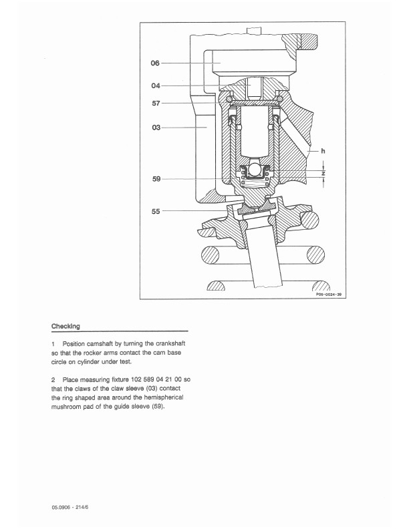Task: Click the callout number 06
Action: click(155, 63)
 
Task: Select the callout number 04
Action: click(156, 85)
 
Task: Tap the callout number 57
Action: click(156, 104)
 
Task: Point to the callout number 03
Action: click(156, 128)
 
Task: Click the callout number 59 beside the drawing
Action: click(156, 179)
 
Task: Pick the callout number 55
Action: click(156, 211)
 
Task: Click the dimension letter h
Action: click(323, 151)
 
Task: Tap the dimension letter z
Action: click(323, 174)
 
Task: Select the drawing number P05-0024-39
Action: click(329, 295)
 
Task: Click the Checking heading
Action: click(65, 326)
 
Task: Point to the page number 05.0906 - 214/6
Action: click(70, 507)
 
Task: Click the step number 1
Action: click(53, 344)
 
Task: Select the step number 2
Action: click(53, 380)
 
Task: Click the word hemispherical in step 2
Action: click(164, 398)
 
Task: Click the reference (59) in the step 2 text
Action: click(158, 407)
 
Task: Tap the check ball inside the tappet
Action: click(255, 170)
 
